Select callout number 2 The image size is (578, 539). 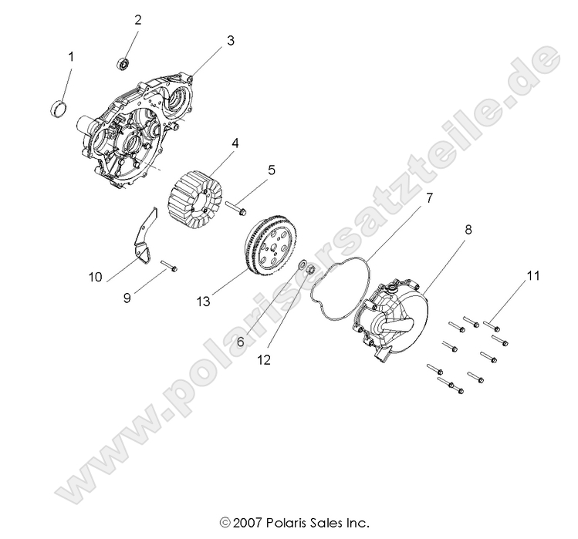click(138, 20)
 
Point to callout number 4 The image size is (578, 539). click(213, 143)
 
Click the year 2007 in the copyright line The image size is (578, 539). click(247, 522)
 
